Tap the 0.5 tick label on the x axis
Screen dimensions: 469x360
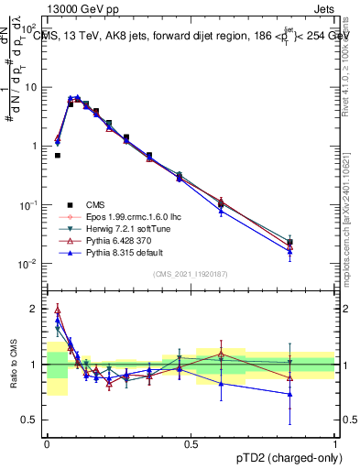point(191,443)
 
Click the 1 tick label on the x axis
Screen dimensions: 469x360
point(335,443)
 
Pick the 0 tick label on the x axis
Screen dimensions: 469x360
point(47,443)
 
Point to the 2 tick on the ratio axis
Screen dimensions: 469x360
point(37,308)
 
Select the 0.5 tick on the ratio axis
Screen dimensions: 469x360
point(33,421)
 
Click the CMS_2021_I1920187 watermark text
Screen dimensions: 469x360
point(191,274)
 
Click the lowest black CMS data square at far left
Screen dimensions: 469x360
point(58,156)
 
